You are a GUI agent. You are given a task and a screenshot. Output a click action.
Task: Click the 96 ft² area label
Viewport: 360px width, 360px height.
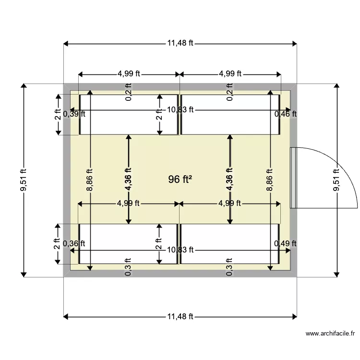point(180,180)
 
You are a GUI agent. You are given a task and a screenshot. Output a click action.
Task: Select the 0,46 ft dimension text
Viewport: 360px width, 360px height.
point(285,114)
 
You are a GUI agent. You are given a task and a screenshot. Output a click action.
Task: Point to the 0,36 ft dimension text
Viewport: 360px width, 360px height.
point(74,244)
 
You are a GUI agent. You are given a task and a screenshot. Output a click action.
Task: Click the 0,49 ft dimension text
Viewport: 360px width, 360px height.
point(285,244)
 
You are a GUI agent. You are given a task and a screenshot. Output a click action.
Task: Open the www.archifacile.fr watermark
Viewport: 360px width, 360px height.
point(331,334)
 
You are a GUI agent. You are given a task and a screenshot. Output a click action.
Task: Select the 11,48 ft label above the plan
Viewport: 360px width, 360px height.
point(180,43)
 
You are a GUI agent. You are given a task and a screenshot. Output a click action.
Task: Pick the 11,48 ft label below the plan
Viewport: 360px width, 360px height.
point(180,316)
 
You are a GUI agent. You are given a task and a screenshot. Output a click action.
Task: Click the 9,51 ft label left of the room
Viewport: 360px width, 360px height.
point(23,180)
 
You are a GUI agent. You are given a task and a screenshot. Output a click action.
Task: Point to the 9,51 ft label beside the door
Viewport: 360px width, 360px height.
point(336,180)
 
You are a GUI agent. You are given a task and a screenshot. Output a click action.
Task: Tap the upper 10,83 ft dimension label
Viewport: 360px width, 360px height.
point(180,109)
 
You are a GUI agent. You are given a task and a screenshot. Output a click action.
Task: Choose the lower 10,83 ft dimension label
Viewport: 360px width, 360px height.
point(180,250)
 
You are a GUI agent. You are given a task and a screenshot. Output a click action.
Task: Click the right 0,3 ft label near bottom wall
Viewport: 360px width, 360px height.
point(230,270)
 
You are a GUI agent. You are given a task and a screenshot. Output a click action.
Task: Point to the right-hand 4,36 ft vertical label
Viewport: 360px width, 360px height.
point(230,180)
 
